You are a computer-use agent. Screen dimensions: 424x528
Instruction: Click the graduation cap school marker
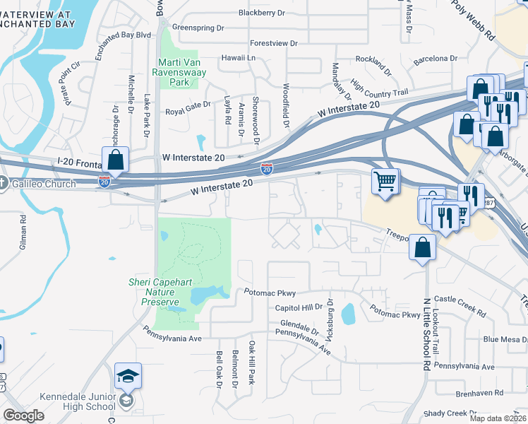coord(128,376)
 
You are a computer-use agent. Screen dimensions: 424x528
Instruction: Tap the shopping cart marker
coord(385,182)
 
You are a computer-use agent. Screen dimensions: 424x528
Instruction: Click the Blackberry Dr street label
coord(261,12)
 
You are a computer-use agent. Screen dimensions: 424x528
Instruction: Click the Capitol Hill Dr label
coord(298,307)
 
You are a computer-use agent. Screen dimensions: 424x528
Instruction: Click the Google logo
coord(23,416)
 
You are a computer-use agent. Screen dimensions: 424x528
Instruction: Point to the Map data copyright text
coord(498,418)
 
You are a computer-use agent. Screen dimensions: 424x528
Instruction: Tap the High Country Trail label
coord(379,88)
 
